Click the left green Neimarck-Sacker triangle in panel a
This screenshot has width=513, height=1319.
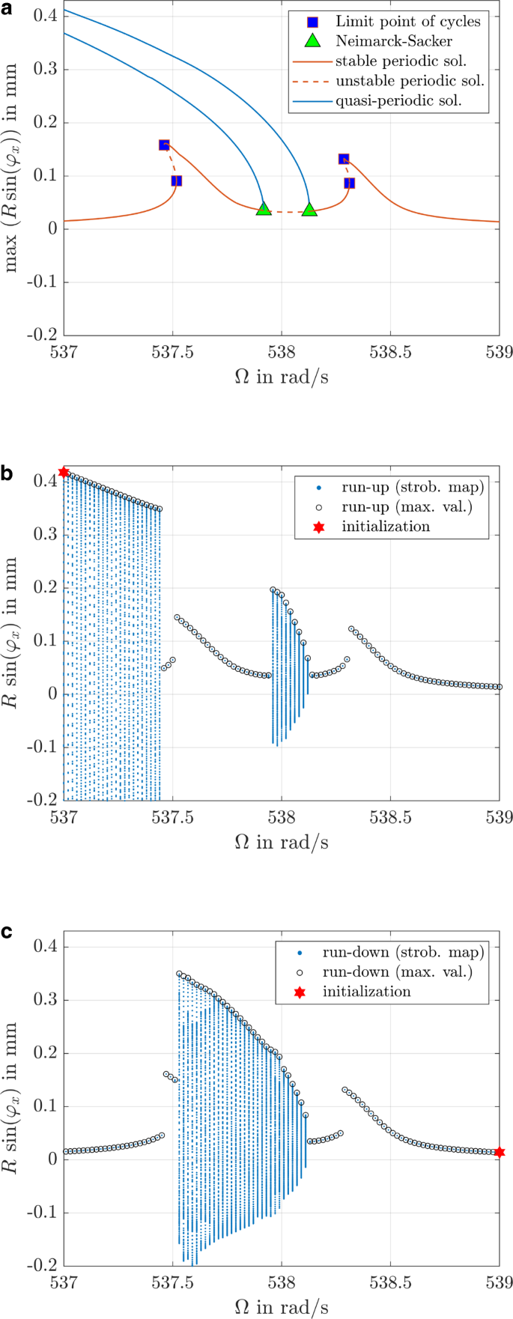[264, 209]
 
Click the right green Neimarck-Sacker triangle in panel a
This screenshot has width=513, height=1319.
[310, 210]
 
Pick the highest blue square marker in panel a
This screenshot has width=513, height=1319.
[164, 145]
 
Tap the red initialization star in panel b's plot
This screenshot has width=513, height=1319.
[64, 472]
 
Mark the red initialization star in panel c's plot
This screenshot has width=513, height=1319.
[500, 1152]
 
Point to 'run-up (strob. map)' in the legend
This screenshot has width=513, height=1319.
[413, 487]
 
